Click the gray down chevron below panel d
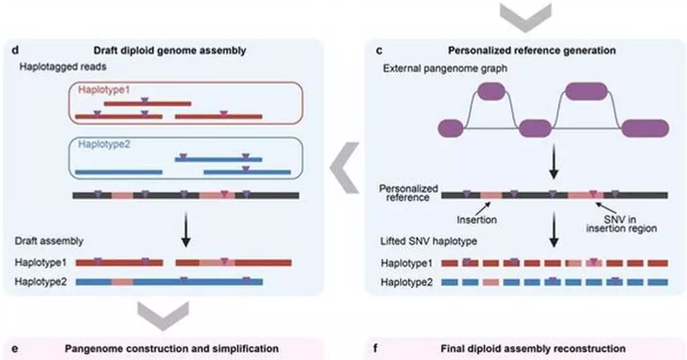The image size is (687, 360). point(163,315)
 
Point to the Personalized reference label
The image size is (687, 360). point(408,193)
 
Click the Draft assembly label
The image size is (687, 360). point(49,241)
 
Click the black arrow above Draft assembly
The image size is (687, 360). point(186,231)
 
